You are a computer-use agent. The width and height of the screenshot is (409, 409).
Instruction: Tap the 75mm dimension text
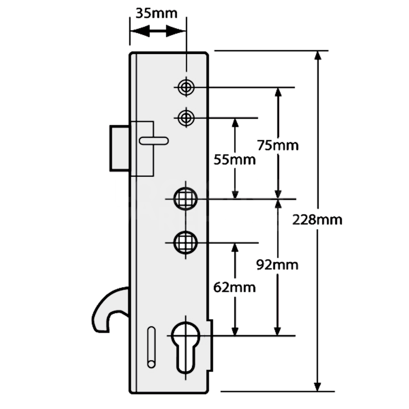[x=278, y=145]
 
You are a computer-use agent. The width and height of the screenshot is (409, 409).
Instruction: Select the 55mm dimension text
[x=235, y=160]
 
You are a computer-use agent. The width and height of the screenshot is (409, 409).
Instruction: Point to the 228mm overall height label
[x=317, y=220]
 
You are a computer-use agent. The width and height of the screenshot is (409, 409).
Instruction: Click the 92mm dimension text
[x=277, y=265]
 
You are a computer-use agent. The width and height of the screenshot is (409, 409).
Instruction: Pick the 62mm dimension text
[x=235, y=288]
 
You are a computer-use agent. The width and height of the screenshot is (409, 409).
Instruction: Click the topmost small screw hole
[x=186, y=87]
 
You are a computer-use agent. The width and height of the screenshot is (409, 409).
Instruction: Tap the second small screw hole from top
[x=186, y=118]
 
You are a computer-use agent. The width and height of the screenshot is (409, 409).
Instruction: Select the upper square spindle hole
[x=186, y=199]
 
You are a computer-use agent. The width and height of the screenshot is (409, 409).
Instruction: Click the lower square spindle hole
[x=186, y=243]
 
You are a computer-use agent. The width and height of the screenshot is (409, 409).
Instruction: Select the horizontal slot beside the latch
[x=153, y=141]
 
